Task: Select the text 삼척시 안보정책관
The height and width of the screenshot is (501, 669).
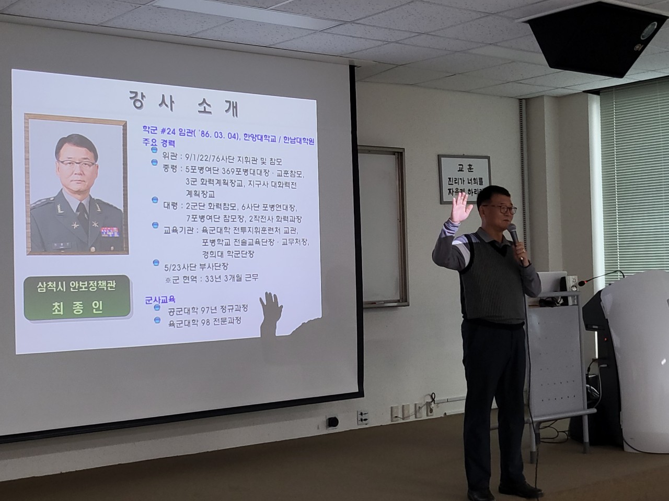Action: [76, 287]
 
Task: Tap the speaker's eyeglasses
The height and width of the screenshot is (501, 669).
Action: [500, 209]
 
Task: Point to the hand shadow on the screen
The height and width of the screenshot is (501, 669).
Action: [271, 308]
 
